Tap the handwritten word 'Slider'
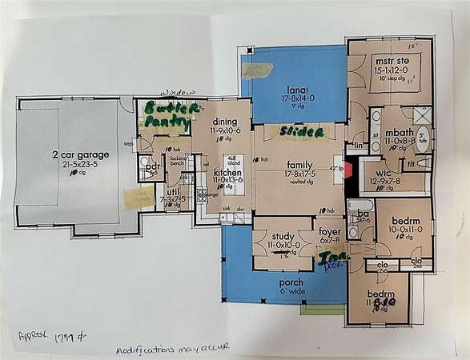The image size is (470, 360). point(303,131)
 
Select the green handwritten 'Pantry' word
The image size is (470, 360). point(166,123)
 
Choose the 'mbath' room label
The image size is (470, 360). point(397,132)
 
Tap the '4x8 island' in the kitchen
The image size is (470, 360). point(234,161)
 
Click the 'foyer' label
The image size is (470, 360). point(329,230)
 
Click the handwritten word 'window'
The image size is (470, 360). point(177,93)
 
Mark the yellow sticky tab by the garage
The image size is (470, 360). point(133,198)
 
